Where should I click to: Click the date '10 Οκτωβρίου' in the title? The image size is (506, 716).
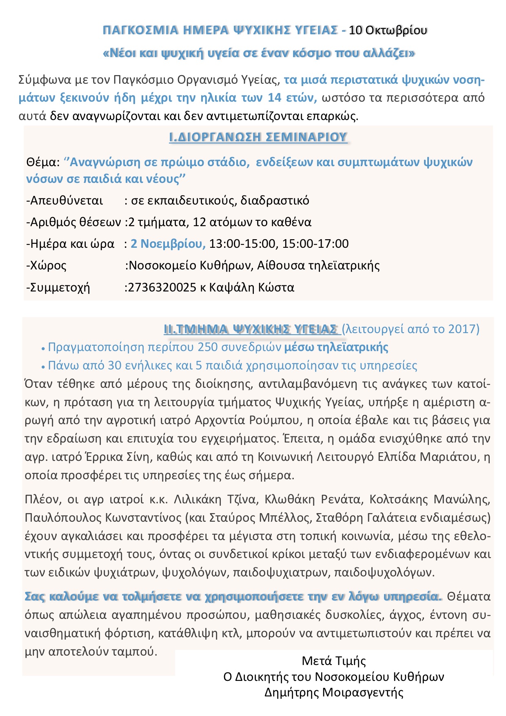click(x=388, y=30)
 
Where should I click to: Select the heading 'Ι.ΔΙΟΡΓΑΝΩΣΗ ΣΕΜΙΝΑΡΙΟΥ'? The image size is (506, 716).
click(x=258, y=137)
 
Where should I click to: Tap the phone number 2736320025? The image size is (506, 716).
click(x=162, y=287)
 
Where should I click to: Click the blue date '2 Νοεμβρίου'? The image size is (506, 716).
click(x=168, y=244)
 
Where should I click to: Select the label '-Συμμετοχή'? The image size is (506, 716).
click(x=58, y=287)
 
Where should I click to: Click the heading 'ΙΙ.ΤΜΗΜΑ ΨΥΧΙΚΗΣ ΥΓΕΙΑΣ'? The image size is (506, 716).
click(x=251, y=329)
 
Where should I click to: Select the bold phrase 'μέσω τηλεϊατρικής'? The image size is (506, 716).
click(x=336, y=347)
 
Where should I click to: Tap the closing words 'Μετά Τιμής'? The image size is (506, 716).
click(x=334, y=660)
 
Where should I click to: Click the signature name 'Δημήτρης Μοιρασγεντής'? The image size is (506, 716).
click(x=334, y=692)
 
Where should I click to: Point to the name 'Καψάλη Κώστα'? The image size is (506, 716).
click(x=251, y=287)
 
